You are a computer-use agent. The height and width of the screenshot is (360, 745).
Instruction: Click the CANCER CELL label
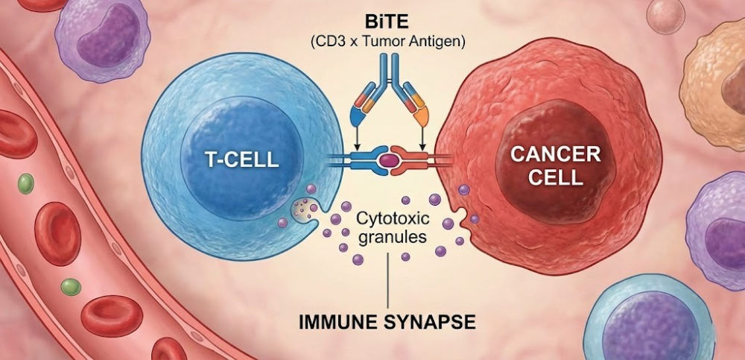click(x=555, y=166)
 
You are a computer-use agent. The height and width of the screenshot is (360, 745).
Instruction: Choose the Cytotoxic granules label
click(x=391, y=228)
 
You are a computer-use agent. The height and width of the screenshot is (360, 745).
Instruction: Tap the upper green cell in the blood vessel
click(x=26, y=181)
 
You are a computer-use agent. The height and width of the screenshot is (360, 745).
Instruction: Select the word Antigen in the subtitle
click(x=437, y=41)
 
